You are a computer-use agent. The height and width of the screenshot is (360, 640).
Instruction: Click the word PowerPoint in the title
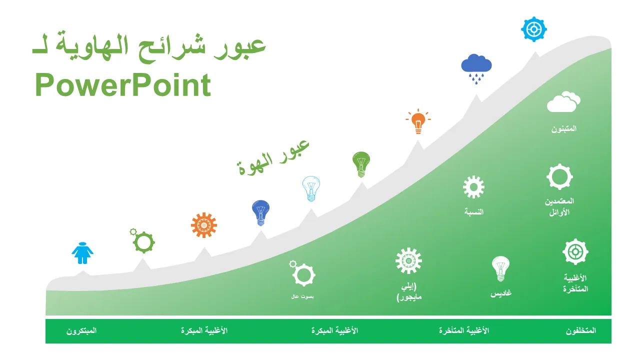click(123, 85)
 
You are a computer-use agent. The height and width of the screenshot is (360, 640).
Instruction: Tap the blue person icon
click(82, 253)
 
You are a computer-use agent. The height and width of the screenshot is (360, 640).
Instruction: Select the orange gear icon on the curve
click(204, 225)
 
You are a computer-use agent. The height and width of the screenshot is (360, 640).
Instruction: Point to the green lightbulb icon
click(361, 164)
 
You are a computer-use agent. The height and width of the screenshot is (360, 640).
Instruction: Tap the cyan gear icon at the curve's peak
click(533, 29)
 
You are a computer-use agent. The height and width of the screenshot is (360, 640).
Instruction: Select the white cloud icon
click(563, 102)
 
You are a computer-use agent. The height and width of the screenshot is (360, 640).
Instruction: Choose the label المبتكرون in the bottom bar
click(81, 331)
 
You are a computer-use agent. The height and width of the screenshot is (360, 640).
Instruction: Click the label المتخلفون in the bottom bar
click(581, 331)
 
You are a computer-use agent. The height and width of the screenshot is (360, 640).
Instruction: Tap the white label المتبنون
click(564, 128)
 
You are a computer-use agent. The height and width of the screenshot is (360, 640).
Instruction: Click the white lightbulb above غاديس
click(500, 268)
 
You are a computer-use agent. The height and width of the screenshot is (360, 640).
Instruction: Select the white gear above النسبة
click(473, 187)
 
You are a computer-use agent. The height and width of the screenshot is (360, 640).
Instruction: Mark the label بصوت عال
click(302, 296)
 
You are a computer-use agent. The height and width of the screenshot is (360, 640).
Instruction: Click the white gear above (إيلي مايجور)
click(408, 260)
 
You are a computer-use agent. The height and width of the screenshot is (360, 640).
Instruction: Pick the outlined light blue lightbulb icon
click(311, 188)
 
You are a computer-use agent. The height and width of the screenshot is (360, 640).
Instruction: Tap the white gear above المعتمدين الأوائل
click(559, 176)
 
